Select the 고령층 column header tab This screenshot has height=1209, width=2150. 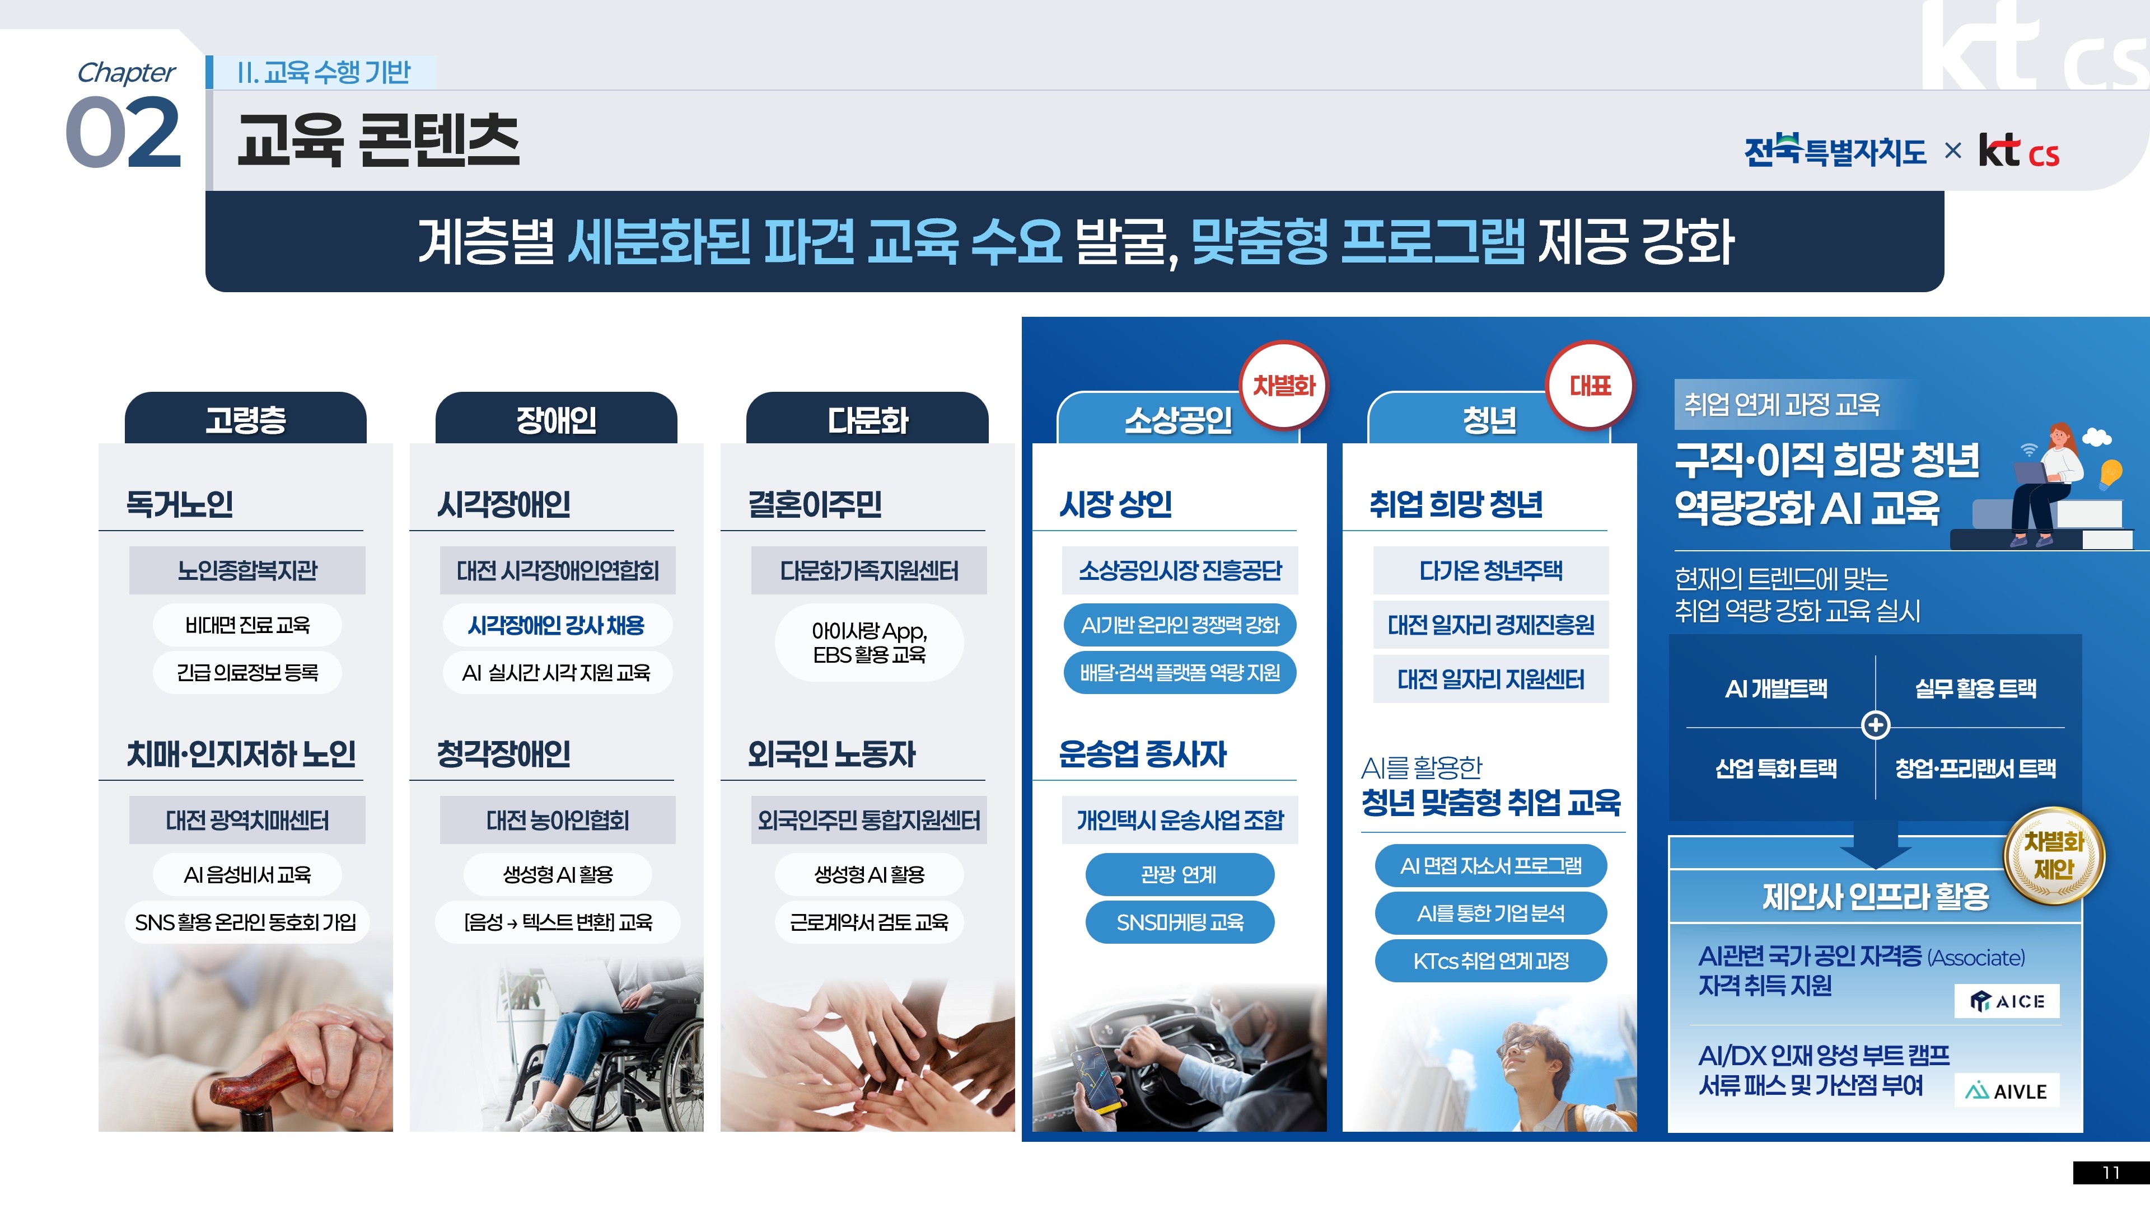click(x=245, y=419)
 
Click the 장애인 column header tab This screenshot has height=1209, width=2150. click(x=556, y=419)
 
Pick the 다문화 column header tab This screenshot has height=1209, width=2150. click(x=867, y=419)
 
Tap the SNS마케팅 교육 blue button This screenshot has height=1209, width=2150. click(x=1179, y=922)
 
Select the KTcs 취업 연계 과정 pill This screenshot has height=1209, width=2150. click(x=1490, y=961)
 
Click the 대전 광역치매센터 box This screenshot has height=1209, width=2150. click(x=247, y=820)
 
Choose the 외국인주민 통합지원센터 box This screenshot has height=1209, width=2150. click(x=868, y=820)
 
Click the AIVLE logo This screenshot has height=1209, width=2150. click(x=2007, y=1090)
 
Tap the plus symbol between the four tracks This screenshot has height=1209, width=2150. click(x=1876, y=725)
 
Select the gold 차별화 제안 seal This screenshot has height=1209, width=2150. click(x=2054, y=856)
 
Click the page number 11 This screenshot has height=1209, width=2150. click(x=2111, y=1172)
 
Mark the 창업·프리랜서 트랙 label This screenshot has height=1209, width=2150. click(x=1975, y=767)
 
